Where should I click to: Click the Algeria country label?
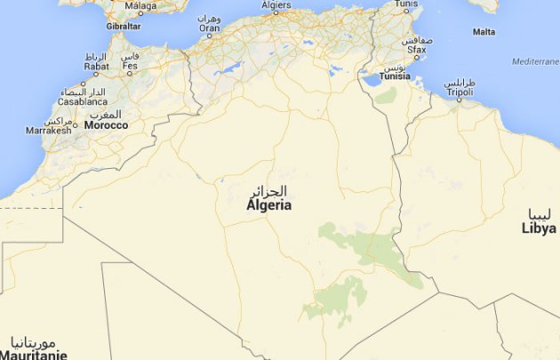pyautogui.click(x=268, y=205)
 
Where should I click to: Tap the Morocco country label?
pyautogui.click(x=106, y=125)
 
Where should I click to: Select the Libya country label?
pyautogui.click(x=539, y=228)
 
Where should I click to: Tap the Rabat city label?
pyautogui.click(x=96, y=66)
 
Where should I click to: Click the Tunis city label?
pyautogui.click(x=405, y=4)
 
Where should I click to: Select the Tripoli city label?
pyautogui.click(x=459, y=92)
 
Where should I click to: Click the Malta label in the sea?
pyautogui.click(x=484, y=32)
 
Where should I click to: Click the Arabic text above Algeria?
pyautogui.click(x=268, y=191)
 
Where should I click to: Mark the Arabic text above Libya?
pyautogui.click(x=541, y=214)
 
